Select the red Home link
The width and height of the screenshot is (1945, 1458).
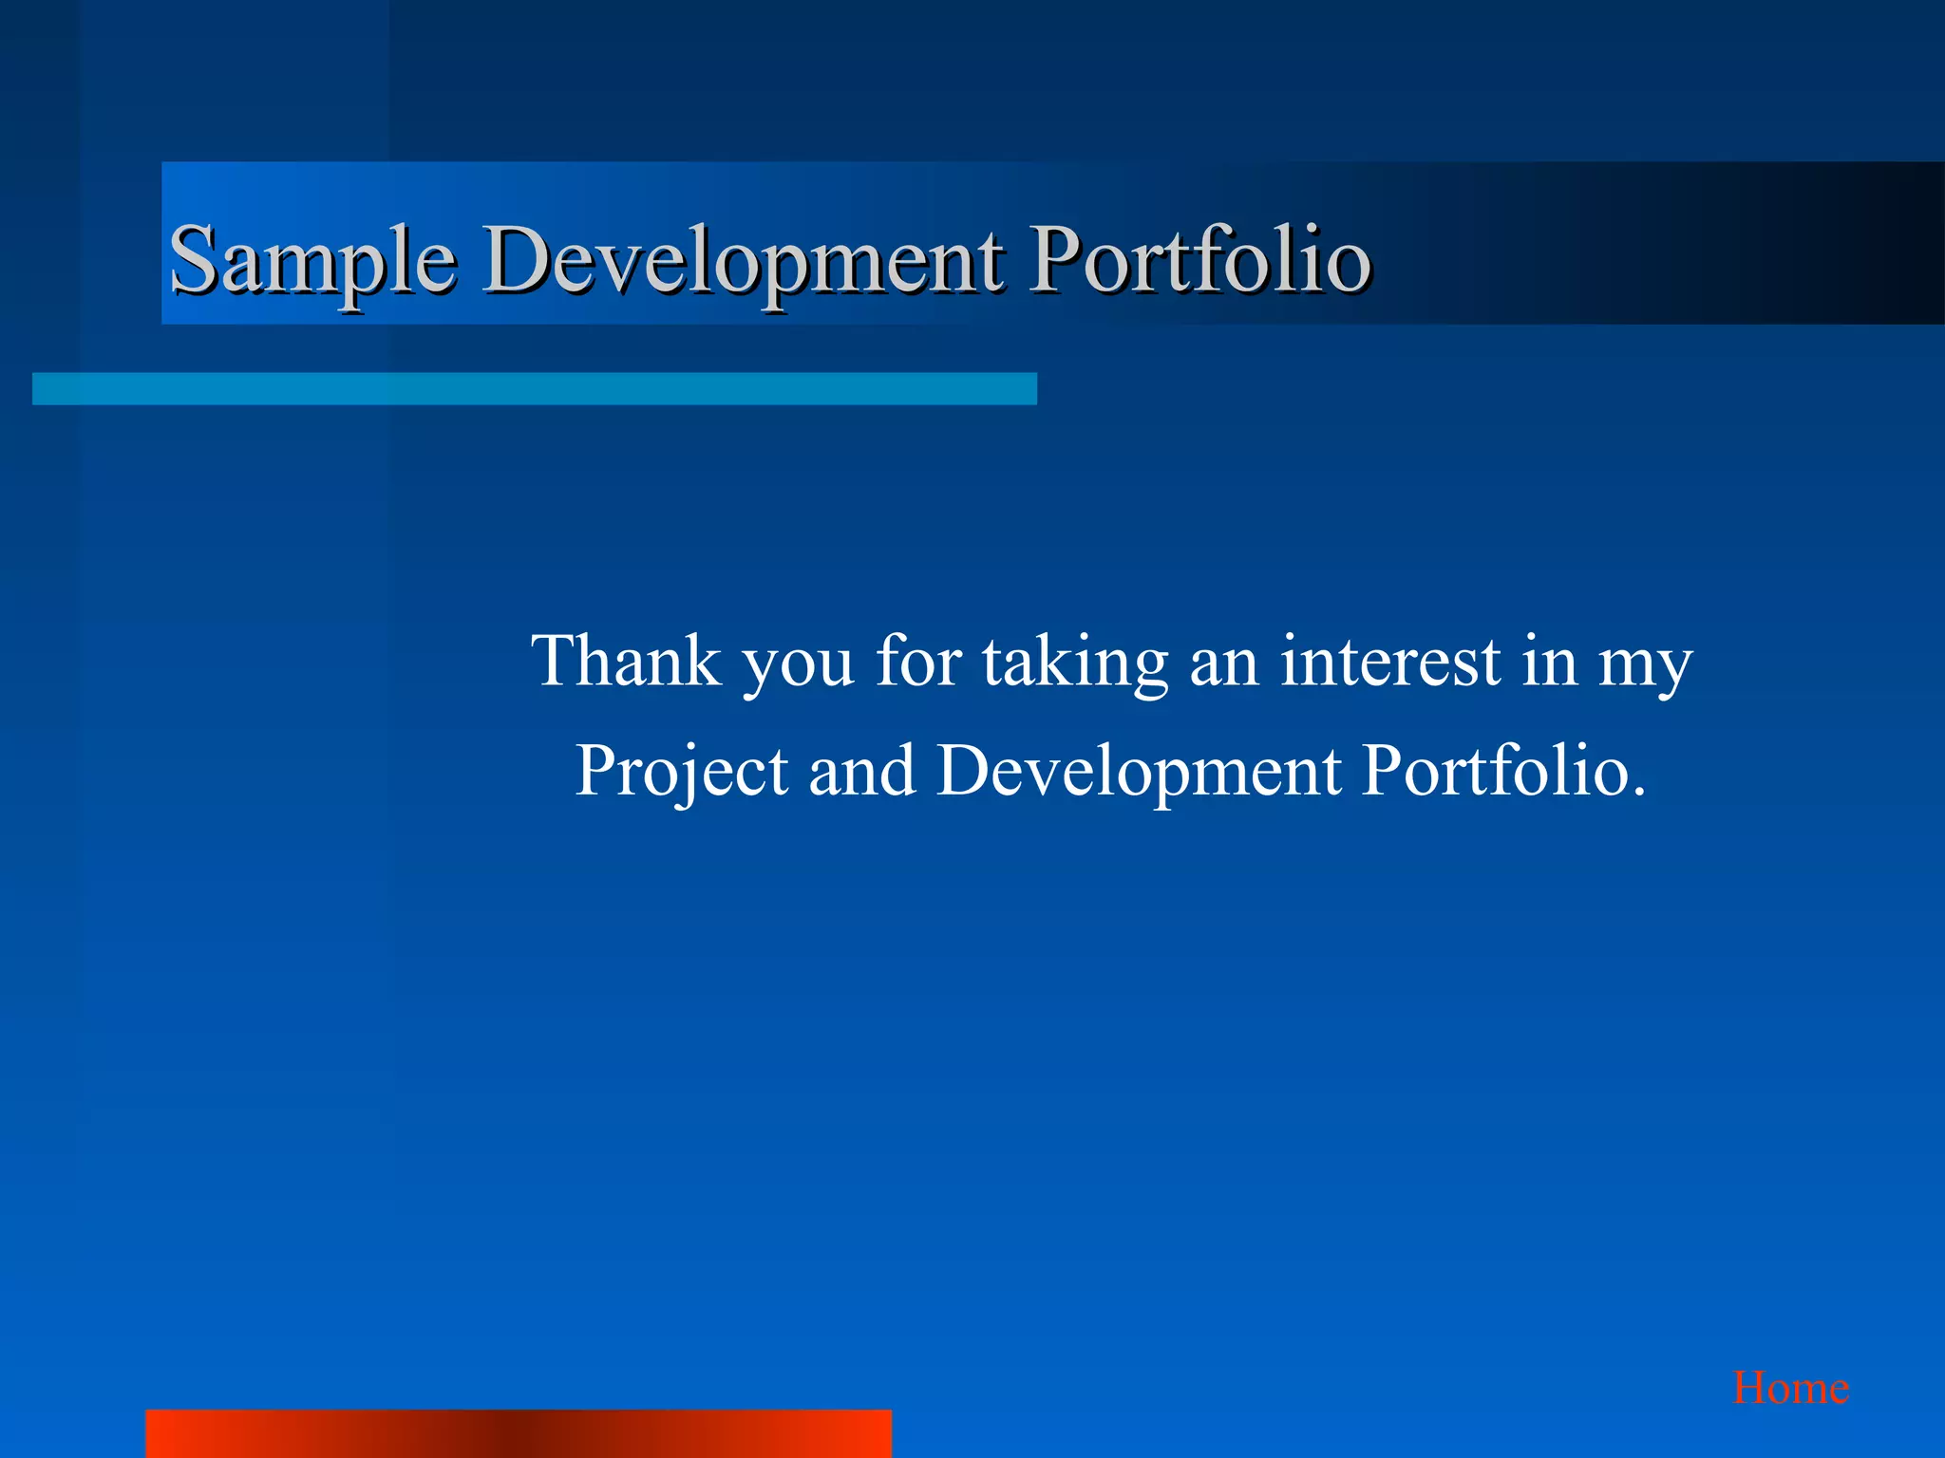[x=1790, y=1389]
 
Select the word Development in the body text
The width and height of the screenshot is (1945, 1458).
[x=1139, y=770]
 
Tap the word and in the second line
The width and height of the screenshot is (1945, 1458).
[x=861, y=770]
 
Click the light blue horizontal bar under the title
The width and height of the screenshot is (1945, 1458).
[x=534, y=389]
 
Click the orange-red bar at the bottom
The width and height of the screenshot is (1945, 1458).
[x=518, y=1433]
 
